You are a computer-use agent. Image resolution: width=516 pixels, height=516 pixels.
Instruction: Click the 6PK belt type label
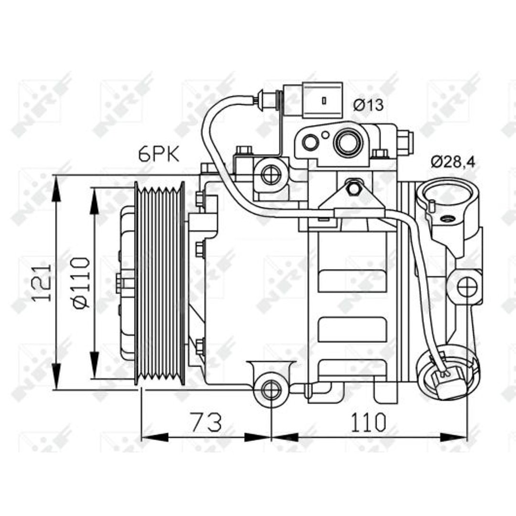tap(159, 154)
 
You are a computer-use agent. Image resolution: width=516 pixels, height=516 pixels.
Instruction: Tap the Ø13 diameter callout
tap(368, 105)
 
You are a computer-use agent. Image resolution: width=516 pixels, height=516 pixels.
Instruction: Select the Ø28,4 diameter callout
tap(453, 162)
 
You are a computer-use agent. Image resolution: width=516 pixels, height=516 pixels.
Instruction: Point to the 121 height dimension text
tap(42, 282)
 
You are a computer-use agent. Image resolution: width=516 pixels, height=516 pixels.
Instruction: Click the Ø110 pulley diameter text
tap(81, 283)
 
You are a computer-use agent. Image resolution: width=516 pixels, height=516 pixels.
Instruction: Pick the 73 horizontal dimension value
tap(207, 422)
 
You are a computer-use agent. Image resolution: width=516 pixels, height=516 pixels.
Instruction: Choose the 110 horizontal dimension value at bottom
tap(368, 422)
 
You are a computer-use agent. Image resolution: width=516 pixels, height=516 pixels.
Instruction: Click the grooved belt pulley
tap(160, 283)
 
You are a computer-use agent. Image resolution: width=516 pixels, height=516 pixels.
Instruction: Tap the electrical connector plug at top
tap(312, 100)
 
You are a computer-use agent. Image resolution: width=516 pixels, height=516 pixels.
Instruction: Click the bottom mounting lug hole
tap(271, 389)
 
